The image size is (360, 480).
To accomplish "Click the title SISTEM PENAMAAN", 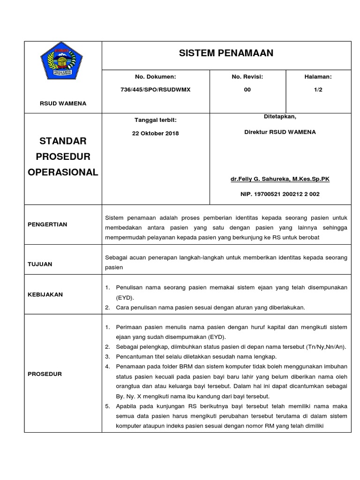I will [x=226, y=53].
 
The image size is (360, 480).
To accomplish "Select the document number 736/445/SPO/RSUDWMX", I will [x=155, y=90].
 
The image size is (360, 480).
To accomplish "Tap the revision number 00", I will [x=247, y=90].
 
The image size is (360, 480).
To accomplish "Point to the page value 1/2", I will [x=318, y=90].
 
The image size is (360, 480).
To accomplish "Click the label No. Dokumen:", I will [x=155, y=76].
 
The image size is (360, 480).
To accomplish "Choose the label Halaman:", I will [x=318, y=76].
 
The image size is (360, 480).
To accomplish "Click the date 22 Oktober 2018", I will [x=155, y=133].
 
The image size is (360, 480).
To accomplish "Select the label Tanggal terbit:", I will [x=155, y=120].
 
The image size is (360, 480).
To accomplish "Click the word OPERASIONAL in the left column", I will [x=63, y=172].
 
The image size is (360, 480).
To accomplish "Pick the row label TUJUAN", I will [x=40, y=264].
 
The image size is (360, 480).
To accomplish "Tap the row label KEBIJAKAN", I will [x=45, y=294].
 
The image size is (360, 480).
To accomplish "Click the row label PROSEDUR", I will [x=45, y=374].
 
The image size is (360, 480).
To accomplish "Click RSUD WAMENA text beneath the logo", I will [x=63, y=104].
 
